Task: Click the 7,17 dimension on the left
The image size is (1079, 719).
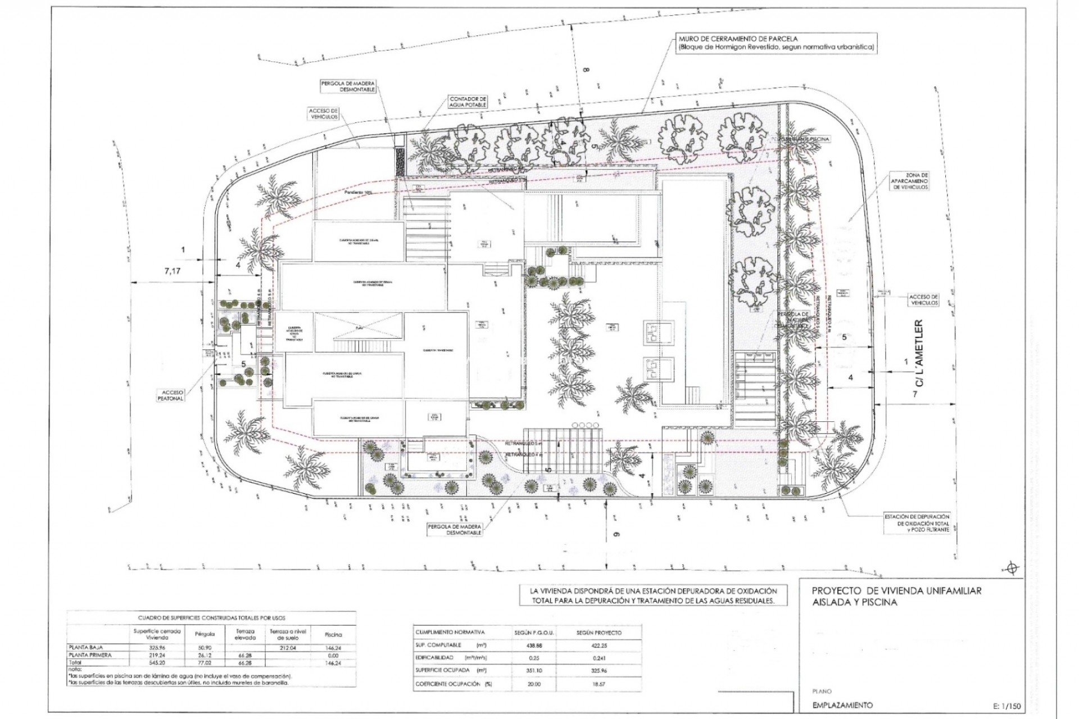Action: [173, 271]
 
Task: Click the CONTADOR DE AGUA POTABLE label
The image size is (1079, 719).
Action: [468, 102]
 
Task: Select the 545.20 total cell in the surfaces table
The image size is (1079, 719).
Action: [157, 662]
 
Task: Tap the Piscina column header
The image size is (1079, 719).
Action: [334, 634]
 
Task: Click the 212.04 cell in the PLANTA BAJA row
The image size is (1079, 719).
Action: [287, 648]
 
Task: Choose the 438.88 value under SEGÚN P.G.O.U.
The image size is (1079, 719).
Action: [534, 645]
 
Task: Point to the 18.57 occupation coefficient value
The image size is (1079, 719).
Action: [600, 684]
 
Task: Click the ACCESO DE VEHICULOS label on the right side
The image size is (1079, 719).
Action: [924, 299]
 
